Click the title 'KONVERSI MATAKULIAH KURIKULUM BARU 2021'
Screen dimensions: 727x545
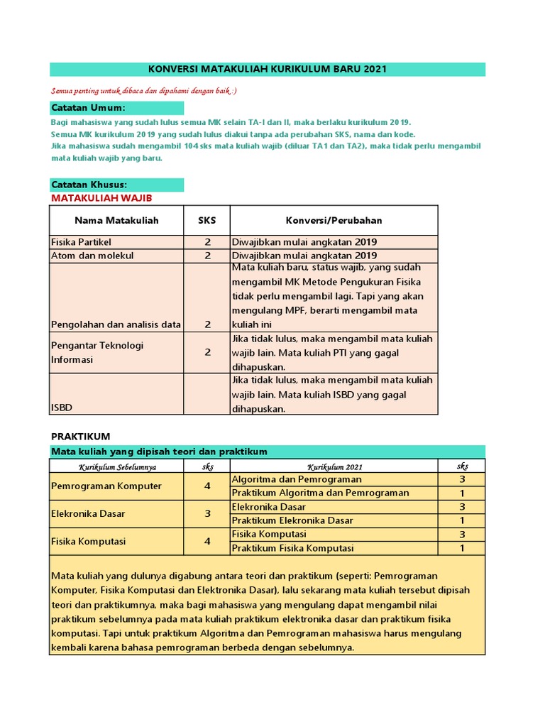pyautogui.click(x=268, y=69)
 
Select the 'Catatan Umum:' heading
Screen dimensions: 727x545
pyautogui.click(x=88, y=108)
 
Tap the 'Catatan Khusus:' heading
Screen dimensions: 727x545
pyautogui.click(x=89, y=185)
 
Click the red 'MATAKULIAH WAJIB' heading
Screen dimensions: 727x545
pyautogui.click(x=101, y=198)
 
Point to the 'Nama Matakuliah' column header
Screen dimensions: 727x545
pyautogui.click(x=116, y=220)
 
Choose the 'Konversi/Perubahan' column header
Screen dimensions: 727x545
pyautogui.click(x=334, y=220)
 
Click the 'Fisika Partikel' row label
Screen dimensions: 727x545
pyautogui.click(x=81, y=242)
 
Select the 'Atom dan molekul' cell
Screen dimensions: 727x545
pyautogui.click(x=92, y=256)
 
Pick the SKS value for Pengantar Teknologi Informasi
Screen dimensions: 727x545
pyautogui.click(x=208, y=352)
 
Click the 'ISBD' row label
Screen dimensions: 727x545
pyautogui.click(x=62, y=408)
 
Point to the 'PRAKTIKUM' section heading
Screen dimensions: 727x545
pyautogui.click(x=80, y=436)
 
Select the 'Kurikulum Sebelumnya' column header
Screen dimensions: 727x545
pyautogui.click(x=118, y=466)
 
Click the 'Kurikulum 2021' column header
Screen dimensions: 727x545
pyautogui.click(x=334, y=466)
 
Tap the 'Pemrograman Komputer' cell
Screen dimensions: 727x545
pyautogui.click(x=106, y=486)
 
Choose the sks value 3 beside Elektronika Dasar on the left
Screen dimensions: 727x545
pyautogui.click(x=208, y=513)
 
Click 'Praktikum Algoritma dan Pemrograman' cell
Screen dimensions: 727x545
pyautogui.click(x=321, y=493)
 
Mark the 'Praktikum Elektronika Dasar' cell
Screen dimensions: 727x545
pyautogui.click(x=302, y=520)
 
